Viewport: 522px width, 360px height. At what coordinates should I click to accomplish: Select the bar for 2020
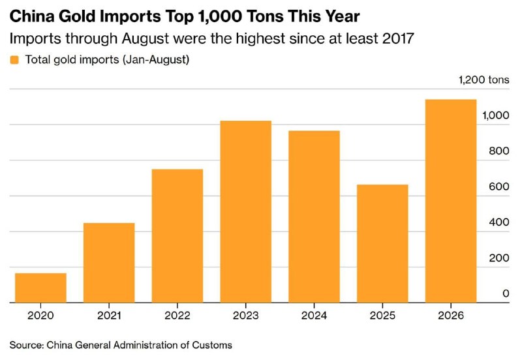(40, 288)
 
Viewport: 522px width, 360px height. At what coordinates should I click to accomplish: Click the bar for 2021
(109, 263)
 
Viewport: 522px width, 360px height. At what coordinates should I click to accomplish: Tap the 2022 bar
(177, 236)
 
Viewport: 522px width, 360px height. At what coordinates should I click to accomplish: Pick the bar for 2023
(246, 211)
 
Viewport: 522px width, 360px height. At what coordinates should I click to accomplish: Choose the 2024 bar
(314, 217)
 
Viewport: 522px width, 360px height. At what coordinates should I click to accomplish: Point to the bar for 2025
(382, 243)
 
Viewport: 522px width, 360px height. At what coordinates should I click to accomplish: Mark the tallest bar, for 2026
(451, 201)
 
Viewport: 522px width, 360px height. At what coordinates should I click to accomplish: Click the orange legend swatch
(14, 60)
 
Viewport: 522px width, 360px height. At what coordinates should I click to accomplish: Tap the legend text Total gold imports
(72, 60)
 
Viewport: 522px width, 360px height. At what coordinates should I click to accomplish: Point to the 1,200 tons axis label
(484, 80)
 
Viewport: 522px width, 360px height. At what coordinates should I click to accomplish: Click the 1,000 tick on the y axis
(496, 115)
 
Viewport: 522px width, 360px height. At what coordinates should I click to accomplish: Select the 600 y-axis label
(499, 187)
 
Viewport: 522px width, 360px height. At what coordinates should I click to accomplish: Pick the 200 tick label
(499, 258)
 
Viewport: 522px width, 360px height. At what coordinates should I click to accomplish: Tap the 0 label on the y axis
(506, 293)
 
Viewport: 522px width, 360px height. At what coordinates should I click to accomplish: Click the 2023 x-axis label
(246, 316)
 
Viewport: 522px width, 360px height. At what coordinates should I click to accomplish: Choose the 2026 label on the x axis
(451, 316)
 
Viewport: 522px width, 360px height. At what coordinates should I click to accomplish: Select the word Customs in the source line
(212, 345)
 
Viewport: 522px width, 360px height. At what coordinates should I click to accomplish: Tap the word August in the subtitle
(145, 39)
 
